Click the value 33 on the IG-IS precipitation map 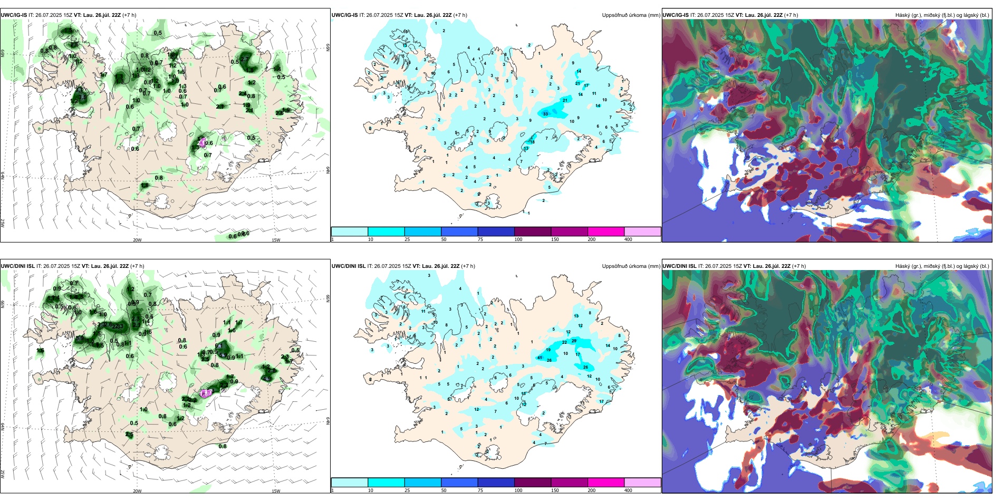point(545,114)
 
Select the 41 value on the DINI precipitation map point(539,358)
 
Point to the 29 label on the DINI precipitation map point(574,341)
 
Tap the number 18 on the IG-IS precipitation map point(532,142)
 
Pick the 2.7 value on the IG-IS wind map point(245,59)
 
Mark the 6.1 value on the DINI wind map point(218,346)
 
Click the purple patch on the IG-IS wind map point(203,141)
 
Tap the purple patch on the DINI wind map point(206,393)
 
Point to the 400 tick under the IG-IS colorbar point(628,239)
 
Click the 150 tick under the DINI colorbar point(555,490)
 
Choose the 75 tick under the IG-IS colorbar point(480,239)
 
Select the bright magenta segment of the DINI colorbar point(606,483)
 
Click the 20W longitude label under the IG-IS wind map point(137,240)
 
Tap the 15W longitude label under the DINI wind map point(276,491)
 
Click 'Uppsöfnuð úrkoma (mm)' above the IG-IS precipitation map point(631,15)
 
